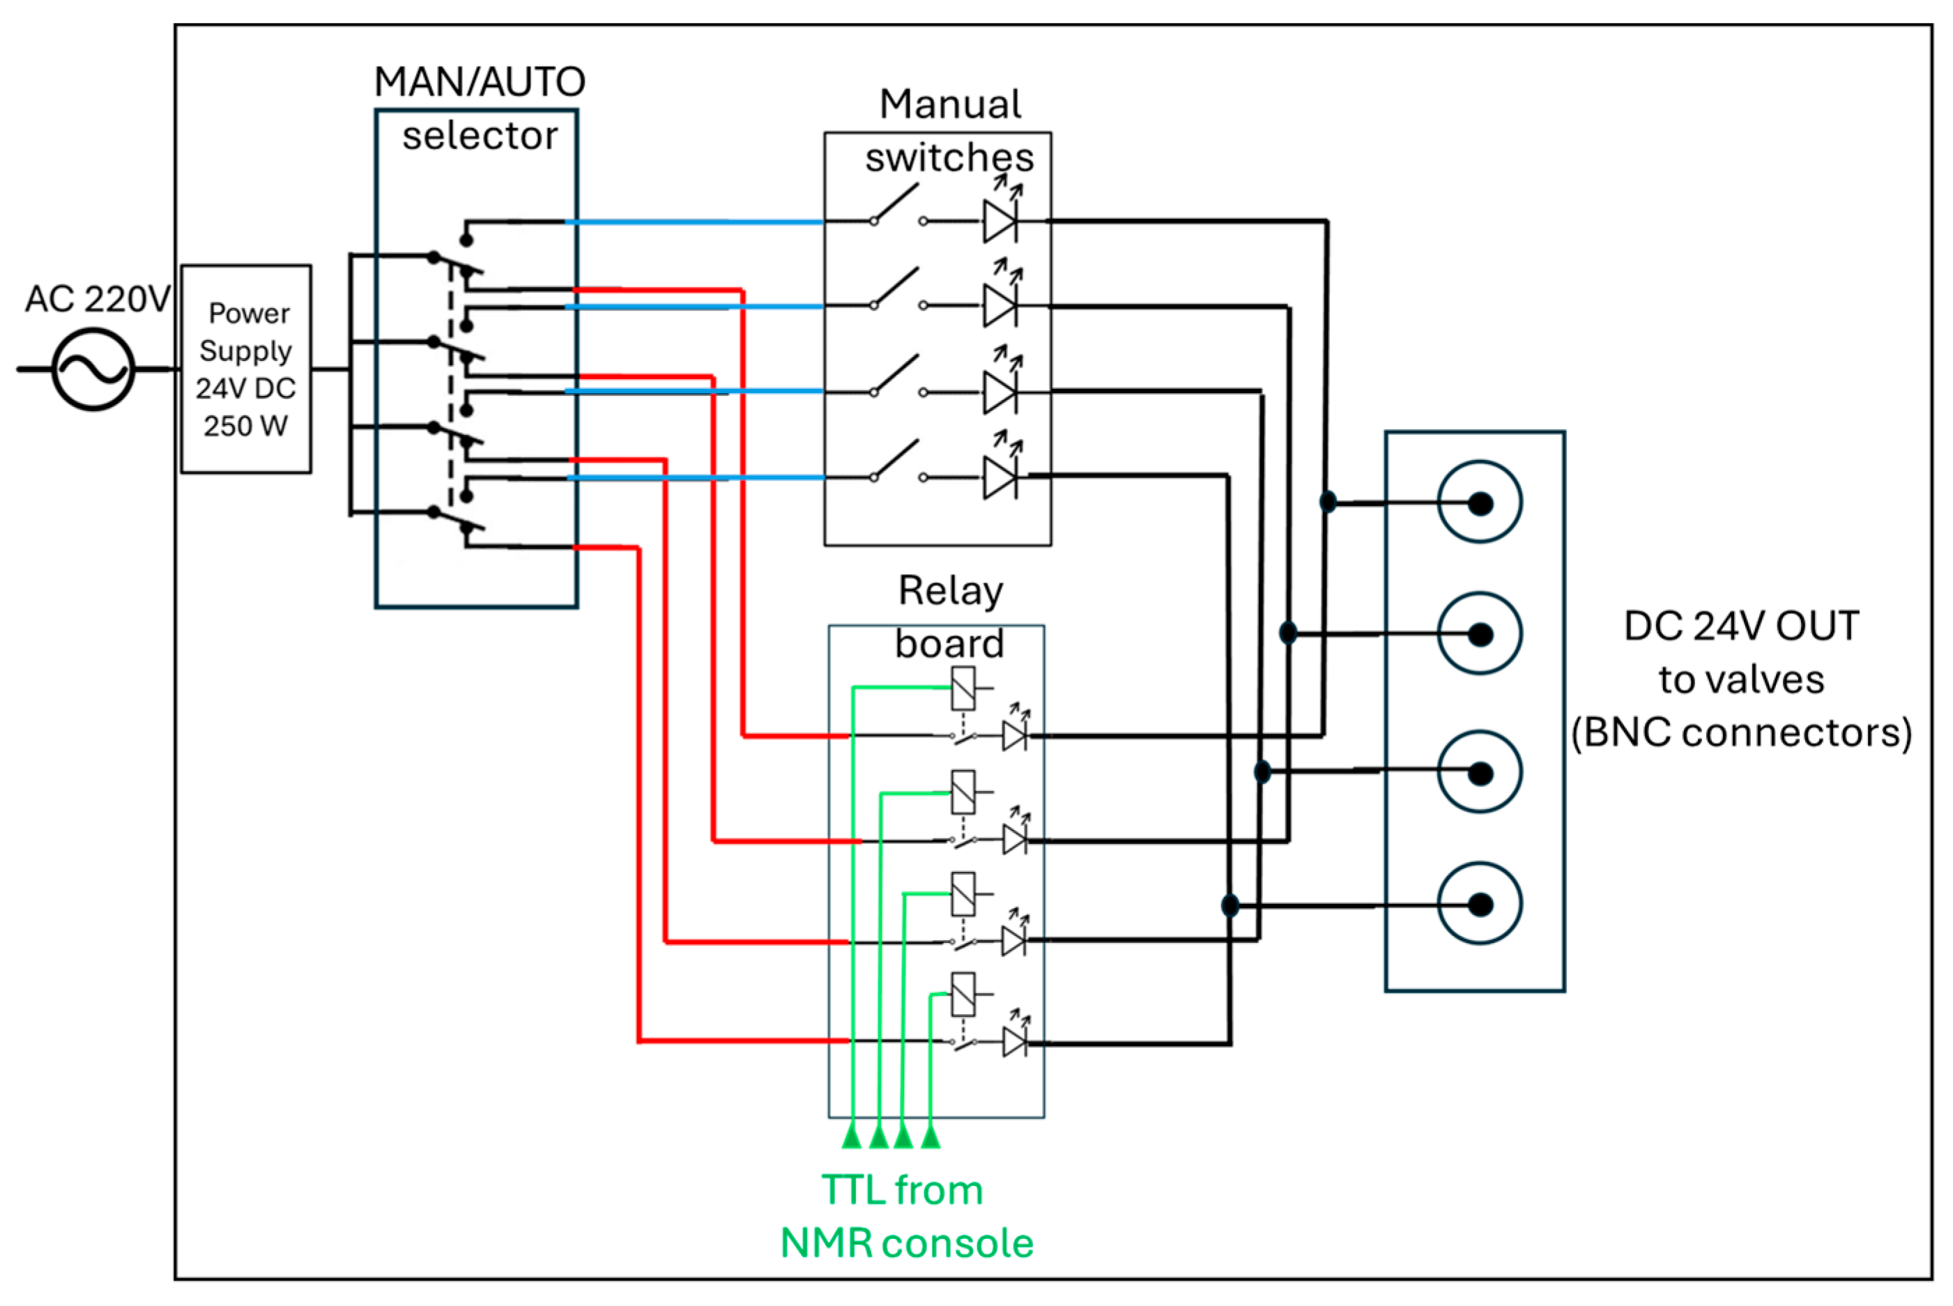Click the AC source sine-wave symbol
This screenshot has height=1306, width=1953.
[x=93, y=369]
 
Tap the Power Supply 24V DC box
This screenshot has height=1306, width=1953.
[x=245, y=369]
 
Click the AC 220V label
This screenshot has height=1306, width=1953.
[x=98, y=299]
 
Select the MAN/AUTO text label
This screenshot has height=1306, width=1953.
[x=480, y=82]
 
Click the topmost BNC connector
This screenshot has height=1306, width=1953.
[x=1479, y=502]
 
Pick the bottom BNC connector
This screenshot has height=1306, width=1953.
[x=1479, y=905]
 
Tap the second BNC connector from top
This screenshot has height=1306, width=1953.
[x=1479, y=634]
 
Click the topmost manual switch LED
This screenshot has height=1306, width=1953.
[x=1000, y=221]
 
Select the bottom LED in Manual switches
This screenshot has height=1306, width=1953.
[x=1000, y=477]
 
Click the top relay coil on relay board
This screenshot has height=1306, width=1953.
[x=963, y=688]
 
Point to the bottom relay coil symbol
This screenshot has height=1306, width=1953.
[x=963, y=994]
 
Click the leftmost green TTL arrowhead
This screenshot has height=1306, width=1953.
[x=851, y=1135]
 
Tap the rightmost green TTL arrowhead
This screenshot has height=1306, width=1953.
[x=930, y=1135]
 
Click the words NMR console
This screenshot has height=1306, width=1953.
[x=906, y=1243]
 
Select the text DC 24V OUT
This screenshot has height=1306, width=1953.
[x=1740, y=627]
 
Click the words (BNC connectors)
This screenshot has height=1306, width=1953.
[x=1740, y=733]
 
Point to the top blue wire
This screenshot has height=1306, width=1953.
[x=696, y=222]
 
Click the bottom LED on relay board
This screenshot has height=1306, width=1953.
[x=1013, y=1042]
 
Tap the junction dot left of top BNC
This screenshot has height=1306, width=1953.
[x=1328, y=501]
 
